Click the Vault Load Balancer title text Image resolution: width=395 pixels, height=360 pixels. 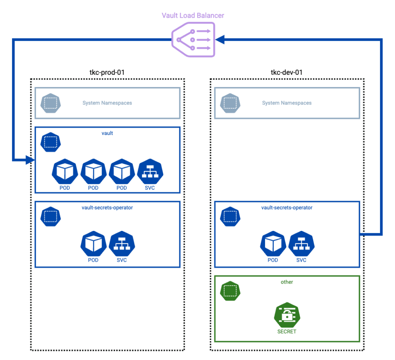click(x=192, y=16)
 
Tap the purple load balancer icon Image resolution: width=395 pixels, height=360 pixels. click(x=192, y=40)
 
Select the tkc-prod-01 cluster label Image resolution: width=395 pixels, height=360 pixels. click(x=107, y=72)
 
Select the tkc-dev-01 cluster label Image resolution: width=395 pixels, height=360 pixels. click(x=287, y=72)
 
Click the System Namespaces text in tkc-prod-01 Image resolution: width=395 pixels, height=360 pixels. click(x=107, y=103)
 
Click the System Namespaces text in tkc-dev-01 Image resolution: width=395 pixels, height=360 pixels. click(x=287, y=103)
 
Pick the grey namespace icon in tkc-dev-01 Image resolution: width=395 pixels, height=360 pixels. click(x=230, y=103)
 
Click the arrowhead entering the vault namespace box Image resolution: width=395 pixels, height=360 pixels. click(x=30, y=159)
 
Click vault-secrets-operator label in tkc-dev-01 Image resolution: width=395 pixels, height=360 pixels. click(x=287, y=207)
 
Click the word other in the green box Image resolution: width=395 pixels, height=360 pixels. click(x=287, y=282)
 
